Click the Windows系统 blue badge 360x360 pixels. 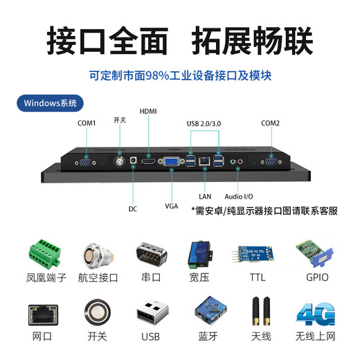(x=49, y=103)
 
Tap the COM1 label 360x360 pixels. (x=87, y=123)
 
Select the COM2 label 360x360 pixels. (x=270, y=123)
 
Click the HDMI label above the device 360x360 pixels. (x=148, y=111)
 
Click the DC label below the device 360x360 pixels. (x=132, y=208)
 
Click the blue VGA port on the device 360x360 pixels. (x=170, y=161)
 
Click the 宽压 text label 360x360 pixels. (x=205, y=278)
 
